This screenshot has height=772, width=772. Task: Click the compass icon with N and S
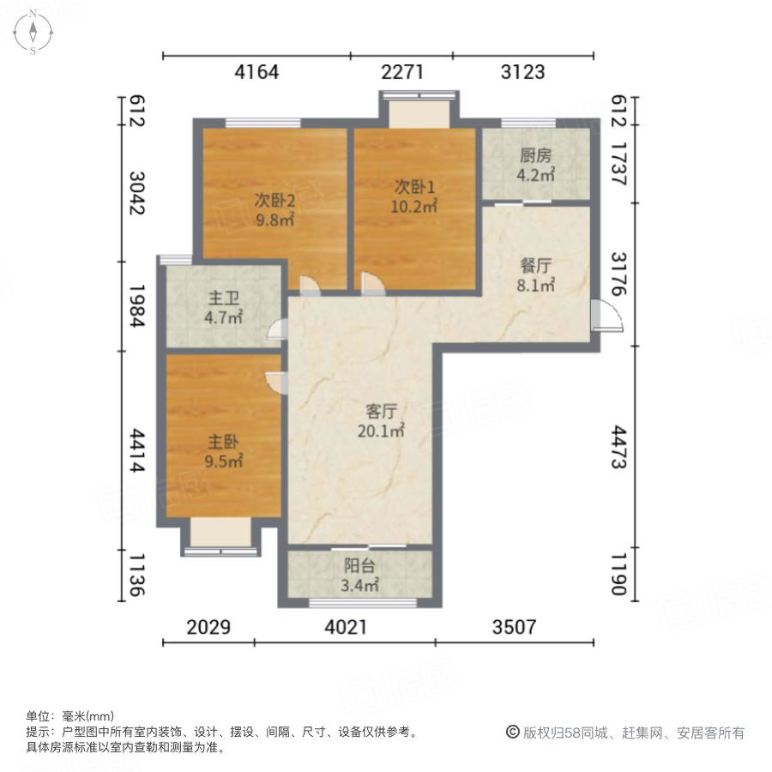(x=33, y=32)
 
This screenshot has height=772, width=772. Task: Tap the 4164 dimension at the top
(x=256, y=72)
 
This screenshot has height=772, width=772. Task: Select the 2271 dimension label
(x=402, y=72)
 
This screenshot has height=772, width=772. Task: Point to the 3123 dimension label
(x=522, y=72)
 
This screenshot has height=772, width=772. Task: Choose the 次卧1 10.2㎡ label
(x=416, y=196)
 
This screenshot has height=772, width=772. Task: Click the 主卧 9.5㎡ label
(x=224, y=451)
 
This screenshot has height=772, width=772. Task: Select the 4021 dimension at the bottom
(x=346, y=627)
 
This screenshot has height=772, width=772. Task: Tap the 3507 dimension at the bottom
(x=514, y=627)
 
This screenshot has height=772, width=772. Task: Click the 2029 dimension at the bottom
(x=208, y=627)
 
